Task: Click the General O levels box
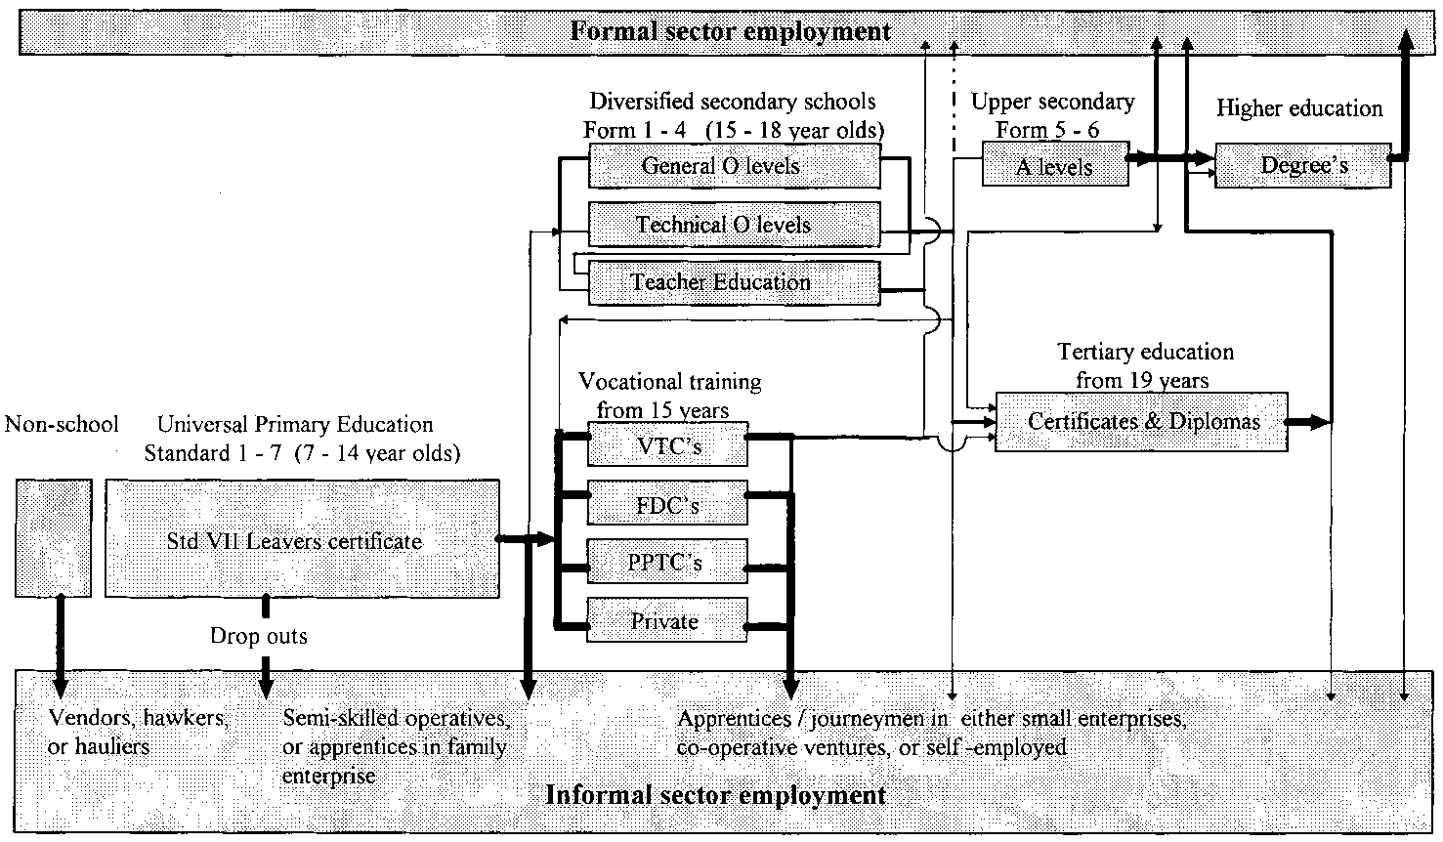734,166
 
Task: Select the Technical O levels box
734,225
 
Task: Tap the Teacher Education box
734,283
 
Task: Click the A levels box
1054,166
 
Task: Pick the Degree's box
1302,166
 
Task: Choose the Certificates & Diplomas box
1141,422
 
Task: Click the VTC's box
667,446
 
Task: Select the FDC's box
667,504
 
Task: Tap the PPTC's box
667,563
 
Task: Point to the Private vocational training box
667,620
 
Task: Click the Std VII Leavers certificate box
302,539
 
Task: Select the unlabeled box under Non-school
54,538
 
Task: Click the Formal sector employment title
731,31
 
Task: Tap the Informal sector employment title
716,794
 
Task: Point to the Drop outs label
259,637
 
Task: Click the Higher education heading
1299,108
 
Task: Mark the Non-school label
62,424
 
